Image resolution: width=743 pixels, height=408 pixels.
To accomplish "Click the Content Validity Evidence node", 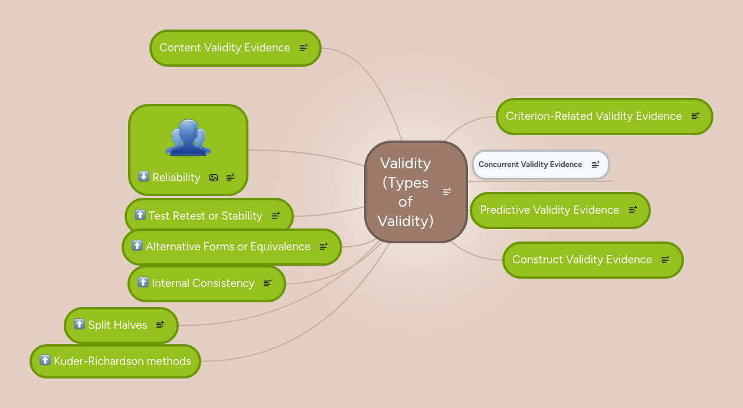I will pyautogui.click(x=225, y=48).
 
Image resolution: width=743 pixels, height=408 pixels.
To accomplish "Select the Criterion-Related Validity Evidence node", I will pyautogui.click(x=594, y=116).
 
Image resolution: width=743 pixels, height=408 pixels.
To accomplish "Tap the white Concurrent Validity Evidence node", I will pyautogui.click(x=530, y=165).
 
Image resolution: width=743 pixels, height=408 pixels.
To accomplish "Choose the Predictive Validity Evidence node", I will pyautogui.click(x=549, y=210).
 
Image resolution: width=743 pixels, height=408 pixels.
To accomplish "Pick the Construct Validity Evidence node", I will pyautogui.click(x=582, y=260).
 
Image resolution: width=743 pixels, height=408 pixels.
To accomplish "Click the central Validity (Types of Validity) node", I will pyautogui.click(x=405, y=192).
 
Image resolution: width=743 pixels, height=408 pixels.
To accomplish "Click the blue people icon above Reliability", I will pyautogui.click(x=188, y=138).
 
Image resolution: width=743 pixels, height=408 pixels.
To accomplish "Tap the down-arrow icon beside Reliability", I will pyautogui.click(x=143, y=177).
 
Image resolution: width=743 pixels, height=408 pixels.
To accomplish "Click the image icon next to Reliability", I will pyautogui.click(x=214, y=178).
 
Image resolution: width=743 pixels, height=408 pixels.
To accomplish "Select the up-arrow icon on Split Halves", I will pyautogui.click(x=79, y=324).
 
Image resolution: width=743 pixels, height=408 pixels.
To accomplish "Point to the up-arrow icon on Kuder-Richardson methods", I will pyautogui.click(x=45, y=360).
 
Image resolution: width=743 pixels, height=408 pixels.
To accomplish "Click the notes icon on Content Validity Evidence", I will pyautogui.click(x=303, y=48).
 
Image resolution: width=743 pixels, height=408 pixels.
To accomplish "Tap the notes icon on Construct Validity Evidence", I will pyautogui.click(x=665, y=260).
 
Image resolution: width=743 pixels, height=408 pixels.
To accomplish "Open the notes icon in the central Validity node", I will pyautogui.click(x=447, y=191).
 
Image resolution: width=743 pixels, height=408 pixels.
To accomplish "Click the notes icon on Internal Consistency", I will pyautogui.click(x=267, y=283).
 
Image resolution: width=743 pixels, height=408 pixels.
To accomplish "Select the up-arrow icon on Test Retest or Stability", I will pyautogui.click(x=140, y=215).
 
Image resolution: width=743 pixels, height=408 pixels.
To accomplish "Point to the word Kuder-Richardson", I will pyautogui.click(x=94, y=361).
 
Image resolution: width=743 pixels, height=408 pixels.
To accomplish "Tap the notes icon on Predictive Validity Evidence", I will pyautogui.click(x=633, y=210).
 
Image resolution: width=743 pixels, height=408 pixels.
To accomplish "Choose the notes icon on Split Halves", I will pyautogui.click(x=160, y=325).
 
